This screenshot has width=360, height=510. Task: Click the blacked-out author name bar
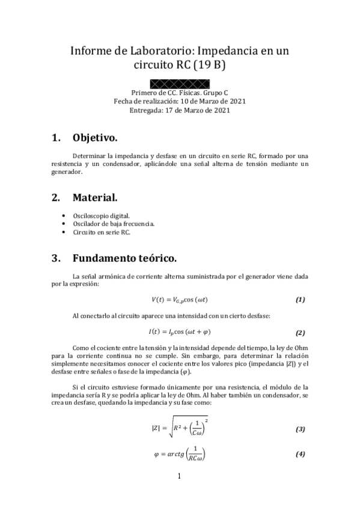(179, 83)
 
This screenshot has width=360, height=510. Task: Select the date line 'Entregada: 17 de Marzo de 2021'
(179, 110)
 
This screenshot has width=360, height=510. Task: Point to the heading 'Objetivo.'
(95, 138)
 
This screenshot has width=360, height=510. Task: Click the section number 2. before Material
(56, 197)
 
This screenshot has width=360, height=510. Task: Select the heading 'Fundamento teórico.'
(124, 259)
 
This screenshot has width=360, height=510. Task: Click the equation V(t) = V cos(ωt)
(179, 300)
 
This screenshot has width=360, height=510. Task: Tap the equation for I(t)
(179, 332)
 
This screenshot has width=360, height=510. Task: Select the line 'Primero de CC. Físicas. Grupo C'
(179, 93)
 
